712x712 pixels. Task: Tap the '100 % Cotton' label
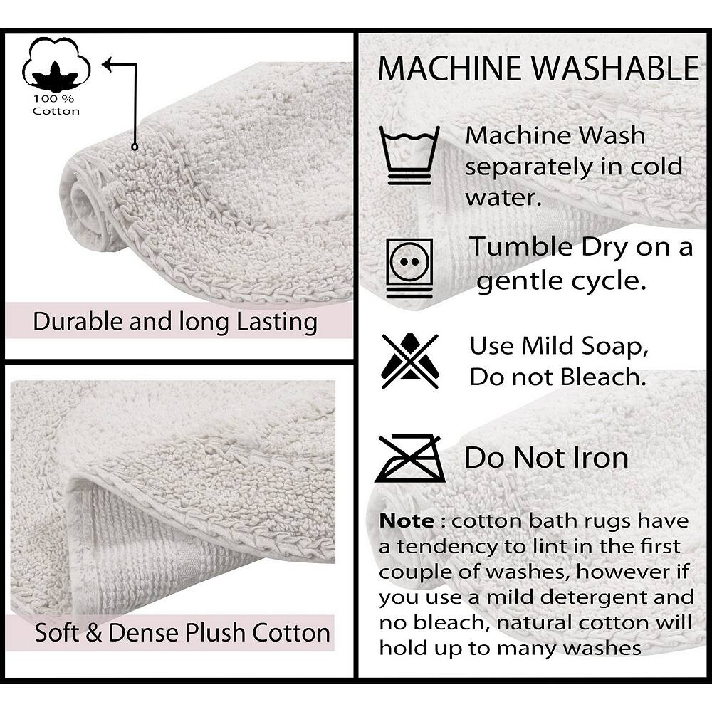[x=56, y=105]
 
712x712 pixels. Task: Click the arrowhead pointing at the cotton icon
[x=108, y=65]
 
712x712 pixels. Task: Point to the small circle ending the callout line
[x=135, y=147]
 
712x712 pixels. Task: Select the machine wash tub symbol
[x=409, y=155]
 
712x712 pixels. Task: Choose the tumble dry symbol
[x=409, y=268]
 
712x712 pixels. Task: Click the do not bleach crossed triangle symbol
[x=410, y=361]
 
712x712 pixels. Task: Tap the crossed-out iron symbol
[x=410, y=459]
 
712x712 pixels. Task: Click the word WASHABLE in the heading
[x=615, y=68]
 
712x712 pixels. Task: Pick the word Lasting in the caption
[x=277, y=322]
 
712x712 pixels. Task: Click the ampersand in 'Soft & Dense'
[x=93, y=632]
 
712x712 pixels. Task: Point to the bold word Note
[x=407, y=521]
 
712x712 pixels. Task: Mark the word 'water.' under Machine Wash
[x=503, y=198]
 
